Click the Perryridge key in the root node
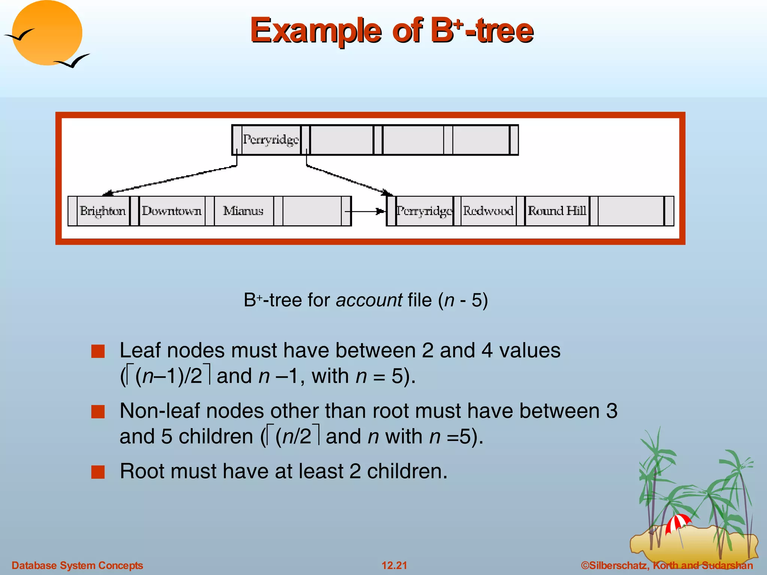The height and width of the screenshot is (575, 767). tap(271, 140)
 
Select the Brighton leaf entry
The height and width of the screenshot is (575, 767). tap(103, 211)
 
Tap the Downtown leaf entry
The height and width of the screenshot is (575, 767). tap(172, 211)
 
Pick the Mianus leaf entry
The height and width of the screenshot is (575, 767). tap(243, 211)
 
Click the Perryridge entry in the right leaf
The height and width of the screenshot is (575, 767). tap(424, 211)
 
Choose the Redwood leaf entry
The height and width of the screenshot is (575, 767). tap(488, 211)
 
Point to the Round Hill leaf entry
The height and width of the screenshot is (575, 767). tap(557, 211)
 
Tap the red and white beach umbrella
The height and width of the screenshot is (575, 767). tap(678, 523)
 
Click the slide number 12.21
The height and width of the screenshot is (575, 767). tap(394, 565)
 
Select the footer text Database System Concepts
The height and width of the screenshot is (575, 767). tap(77, 565)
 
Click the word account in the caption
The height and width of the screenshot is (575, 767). tap(369, 300)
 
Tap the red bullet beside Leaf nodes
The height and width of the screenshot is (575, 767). tap(98, 352)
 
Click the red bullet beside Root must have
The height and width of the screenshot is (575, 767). tap(98, 472)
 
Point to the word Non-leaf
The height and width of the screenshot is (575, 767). tap(159, 411)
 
